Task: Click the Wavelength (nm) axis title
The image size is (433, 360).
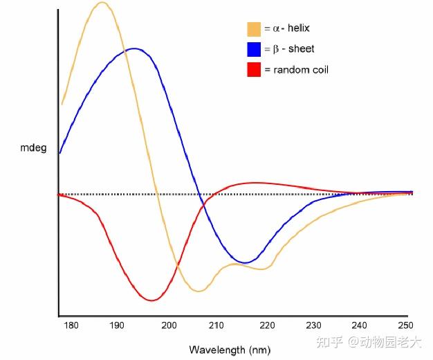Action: point(225,350)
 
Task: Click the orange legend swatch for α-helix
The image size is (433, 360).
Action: point(254,29)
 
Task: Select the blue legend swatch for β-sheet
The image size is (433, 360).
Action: point(254,49)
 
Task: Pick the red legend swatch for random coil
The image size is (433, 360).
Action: point(254,70)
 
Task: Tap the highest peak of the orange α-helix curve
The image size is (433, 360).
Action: point(102,3)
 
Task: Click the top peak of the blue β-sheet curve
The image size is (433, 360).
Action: point(134,48)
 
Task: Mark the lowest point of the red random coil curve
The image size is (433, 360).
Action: point(152,300)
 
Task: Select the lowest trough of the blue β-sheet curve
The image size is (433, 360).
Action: point(246,262)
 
